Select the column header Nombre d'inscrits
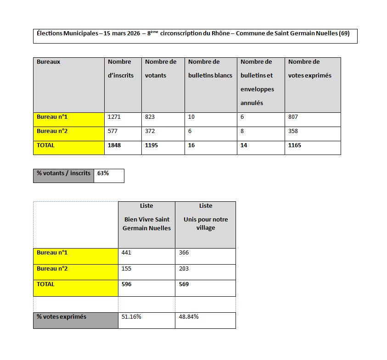coord(121,68)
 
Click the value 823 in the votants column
coord(150,117)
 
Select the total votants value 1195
coord(152,145)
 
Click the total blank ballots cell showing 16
coord(191,145)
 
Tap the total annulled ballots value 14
coord(244,145)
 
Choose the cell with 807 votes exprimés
coord(293,117)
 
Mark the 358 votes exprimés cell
coord(293,131)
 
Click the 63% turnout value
coord(103,173)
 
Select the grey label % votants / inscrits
coord(63,173)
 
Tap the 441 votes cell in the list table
coord(127,253)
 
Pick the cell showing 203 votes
coord(184,269)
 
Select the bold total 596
coord(126,284)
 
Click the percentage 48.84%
coord(189,317)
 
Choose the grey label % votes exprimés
coord(62,317)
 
